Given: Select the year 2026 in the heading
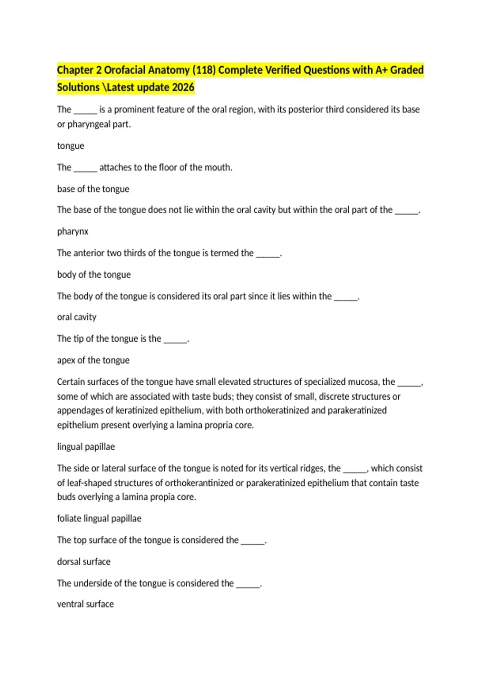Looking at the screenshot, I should tap(183, 87).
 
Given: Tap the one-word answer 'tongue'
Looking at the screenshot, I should tap(71, 146).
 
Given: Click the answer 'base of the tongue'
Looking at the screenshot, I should tap(93, 189).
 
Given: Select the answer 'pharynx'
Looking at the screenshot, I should tap(73, 231).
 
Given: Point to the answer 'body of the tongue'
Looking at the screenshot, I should tap(94, 274).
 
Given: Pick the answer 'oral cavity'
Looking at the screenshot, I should tap(77, 317).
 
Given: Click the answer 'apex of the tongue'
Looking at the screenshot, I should tap(93, 360).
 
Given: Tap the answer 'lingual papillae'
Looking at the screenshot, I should tap(86, 446).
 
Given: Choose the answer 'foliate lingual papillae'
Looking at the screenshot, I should tap(99, 518).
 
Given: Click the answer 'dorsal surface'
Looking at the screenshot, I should tap(84, 561).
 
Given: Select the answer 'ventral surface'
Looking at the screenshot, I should tap(86, 604).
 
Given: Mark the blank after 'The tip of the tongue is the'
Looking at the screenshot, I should tap(175, 339).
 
